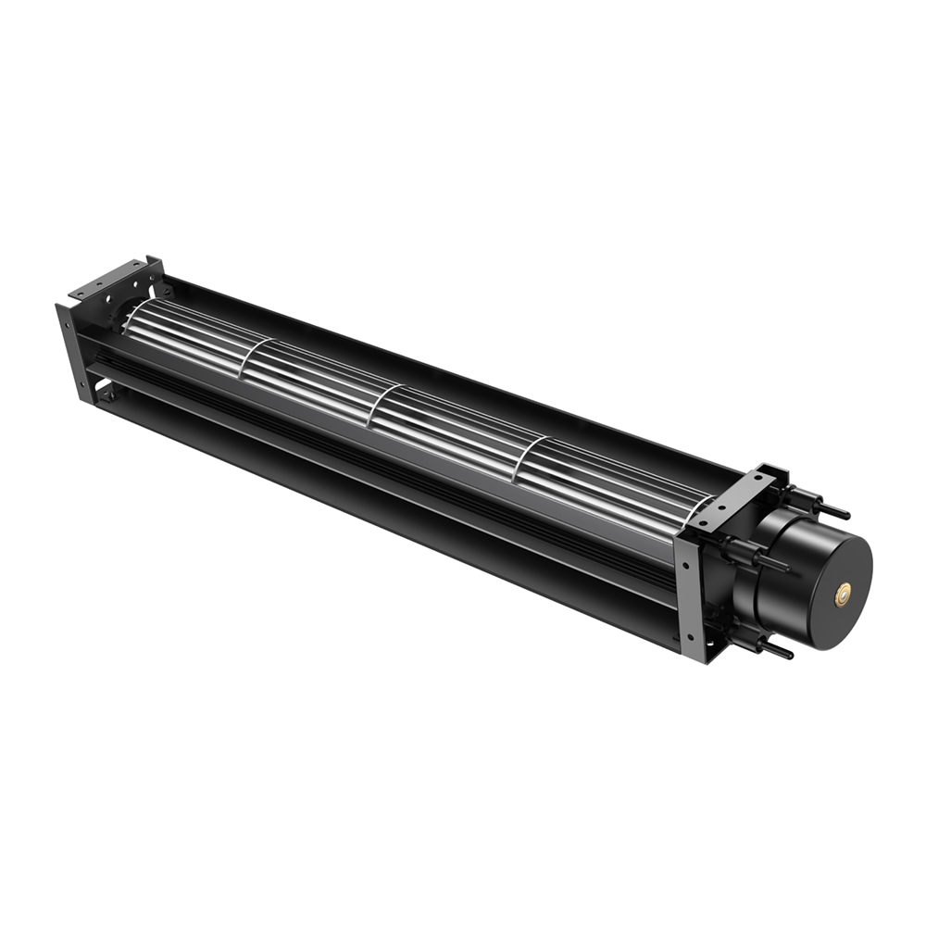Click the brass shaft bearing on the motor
click(x=843, y=595)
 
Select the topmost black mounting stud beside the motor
click(x=833, y=510)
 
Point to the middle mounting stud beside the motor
click(x=772, y=563)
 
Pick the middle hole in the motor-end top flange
click(x=722, y=507)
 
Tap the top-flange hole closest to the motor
click(x=757, y=477)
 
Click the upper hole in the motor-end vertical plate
click(x=686, y=565)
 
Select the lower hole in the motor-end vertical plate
click(x=690, y=637)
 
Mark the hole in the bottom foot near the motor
click(x=710, y=643)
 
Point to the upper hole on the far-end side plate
click(x=67, y=325)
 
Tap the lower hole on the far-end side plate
click(x=82, y=384)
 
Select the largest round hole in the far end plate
click(x=108, y=298)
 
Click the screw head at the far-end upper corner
click(x=167, y=292)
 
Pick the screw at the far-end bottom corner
click(x=111, y=394)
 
